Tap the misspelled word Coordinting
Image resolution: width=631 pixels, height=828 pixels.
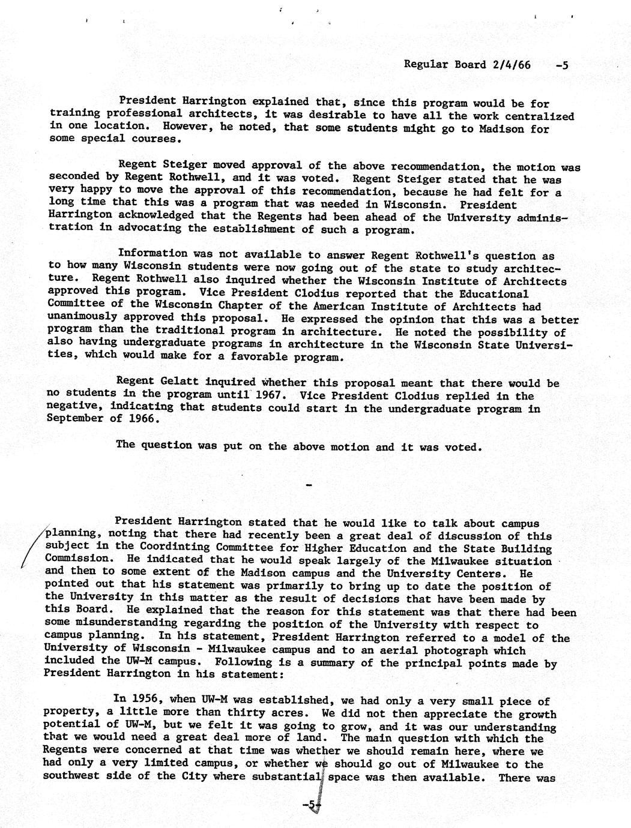[174, 547]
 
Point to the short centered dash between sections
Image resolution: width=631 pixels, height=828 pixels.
[309, 484]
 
